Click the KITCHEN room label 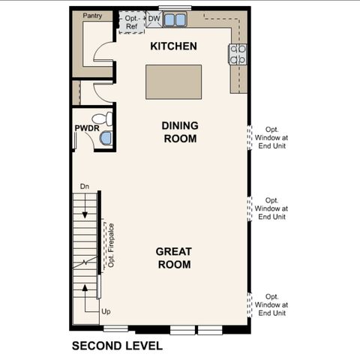(173, 46)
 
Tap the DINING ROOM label (179, 132)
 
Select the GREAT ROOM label (173, 258)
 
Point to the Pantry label (93, 16)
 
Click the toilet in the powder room (103, 118)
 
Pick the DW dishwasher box (154, 19)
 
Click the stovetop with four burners (238, 52)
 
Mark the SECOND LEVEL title (117, 346)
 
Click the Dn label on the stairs (84, 186)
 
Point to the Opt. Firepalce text (111, 244)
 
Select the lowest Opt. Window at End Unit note (271, 305)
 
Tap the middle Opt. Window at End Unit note (271, 208)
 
